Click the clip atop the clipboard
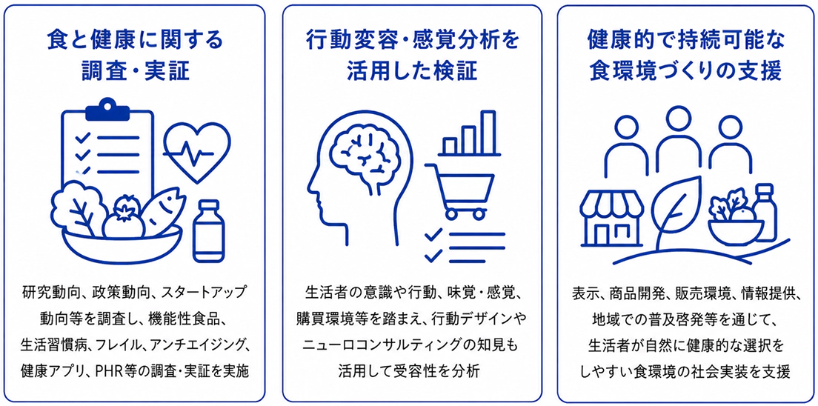click(107, 109)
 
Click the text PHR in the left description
click(109, 371)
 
